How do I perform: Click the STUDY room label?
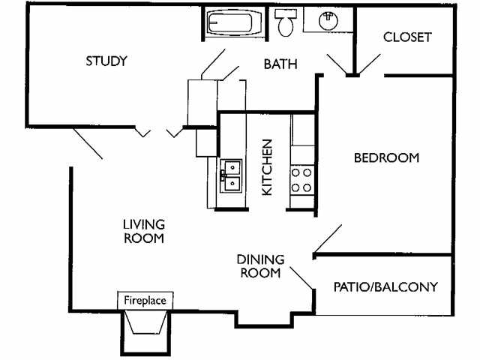point(106,61)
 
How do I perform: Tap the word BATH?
point(280,64)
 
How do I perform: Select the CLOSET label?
point(407,37)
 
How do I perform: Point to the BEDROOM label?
point(386,157)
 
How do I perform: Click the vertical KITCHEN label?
point(266,167)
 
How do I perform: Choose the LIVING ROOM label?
point(144,231)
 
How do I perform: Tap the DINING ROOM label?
point(260,266)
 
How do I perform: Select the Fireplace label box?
point(145,300)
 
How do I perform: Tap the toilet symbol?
point(285,24)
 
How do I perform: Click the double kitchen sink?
point(231,174)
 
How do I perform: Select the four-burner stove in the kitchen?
point(301,179)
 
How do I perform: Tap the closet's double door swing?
point(350,67)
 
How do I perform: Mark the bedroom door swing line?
point(328,239)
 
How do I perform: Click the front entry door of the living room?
point(88,143)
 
